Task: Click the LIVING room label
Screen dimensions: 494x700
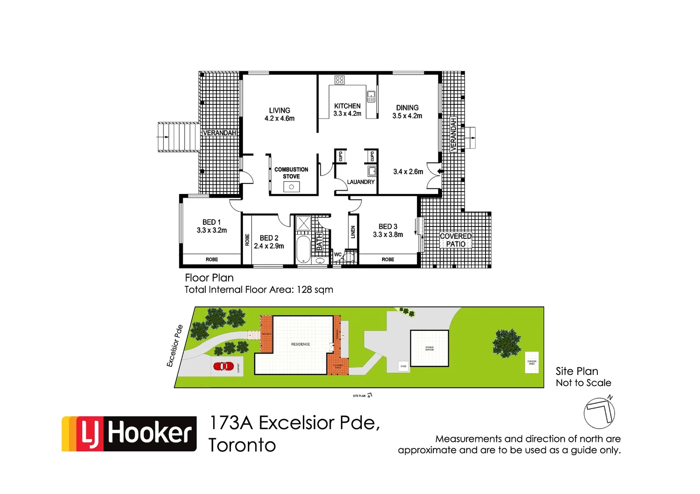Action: [279, 114]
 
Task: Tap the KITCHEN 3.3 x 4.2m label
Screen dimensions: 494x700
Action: [347, 110]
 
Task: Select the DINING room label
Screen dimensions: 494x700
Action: [407, 112]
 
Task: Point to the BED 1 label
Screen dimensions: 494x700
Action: [212, 226]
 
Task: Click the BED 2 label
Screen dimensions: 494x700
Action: [269, 242]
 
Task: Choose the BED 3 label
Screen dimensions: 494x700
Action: [388, 231]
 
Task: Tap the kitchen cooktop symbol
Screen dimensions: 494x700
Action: [339, 81]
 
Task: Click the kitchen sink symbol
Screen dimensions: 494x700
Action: [371, 97]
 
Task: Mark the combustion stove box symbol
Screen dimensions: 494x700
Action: [291, 187]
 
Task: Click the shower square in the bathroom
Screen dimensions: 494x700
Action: [303, 224]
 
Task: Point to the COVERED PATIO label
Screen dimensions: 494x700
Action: [456, 240]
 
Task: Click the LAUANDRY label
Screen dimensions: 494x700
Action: [361, 182]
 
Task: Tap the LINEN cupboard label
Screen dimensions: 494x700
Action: [353, 232]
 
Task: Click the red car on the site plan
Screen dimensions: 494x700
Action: [224, 366]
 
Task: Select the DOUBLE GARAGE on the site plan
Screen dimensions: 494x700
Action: [429, 348]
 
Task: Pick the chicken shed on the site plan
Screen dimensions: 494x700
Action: [532, 362]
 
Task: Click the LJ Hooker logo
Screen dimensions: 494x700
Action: [129, 434]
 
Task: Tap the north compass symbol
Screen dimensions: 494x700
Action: [599, 412]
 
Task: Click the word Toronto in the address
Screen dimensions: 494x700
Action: [242, 445]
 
